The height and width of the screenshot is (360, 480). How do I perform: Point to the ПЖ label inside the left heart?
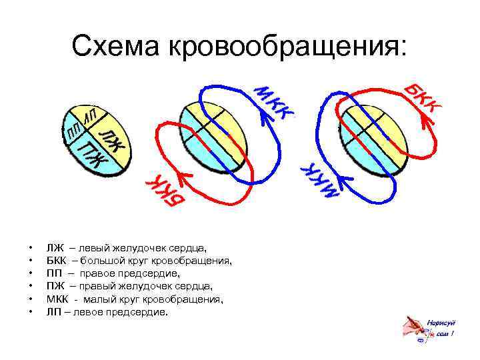tap(92, 155)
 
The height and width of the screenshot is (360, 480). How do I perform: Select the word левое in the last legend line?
tap(88, 311)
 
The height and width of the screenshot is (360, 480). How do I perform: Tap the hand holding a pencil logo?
tap(415, 328)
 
